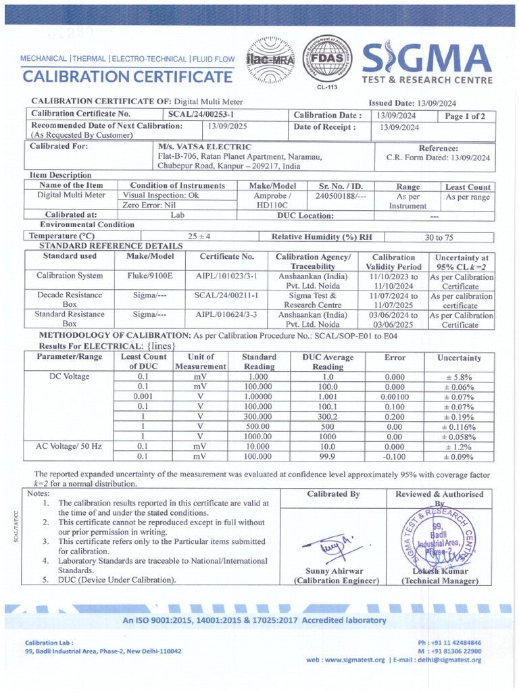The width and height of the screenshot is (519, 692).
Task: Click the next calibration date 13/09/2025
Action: coord(228,126)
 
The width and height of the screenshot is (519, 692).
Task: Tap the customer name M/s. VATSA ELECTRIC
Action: coord(204,147)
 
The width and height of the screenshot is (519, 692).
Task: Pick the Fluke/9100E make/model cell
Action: coord(150,276)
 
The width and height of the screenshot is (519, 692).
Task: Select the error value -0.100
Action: coord(394,457)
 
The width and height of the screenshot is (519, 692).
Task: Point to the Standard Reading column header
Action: coord(259,362)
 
